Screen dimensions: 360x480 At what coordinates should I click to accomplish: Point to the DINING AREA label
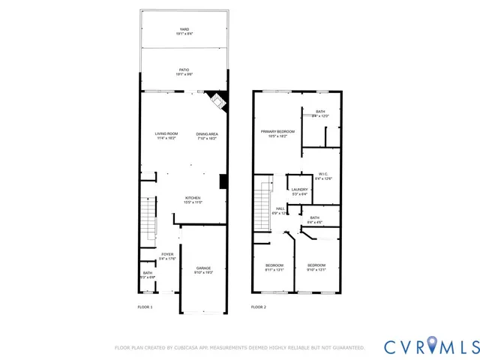point(206,133)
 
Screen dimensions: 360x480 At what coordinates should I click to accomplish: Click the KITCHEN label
point(193,198)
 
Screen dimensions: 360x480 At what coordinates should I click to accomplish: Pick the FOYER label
point(166,254)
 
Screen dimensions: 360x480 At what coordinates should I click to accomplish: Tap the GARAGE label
point(203,268)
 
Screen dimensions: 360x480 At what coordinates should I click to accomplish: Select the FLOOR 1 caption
point(145,307)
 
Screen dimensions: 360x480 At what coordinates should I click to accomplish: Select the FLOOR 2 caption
point(258,307)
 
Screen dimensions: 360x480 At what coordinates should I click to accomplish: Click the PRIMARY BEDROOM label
point(277,131)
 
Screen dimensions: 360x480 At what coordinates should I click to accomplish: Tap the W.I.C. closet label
point(323,174)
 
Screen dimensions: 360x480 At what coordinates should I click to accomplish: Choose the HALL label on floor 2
point(280,209)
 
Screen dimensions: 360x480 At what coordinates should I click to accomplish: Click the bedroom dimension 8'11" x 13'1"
point(274,269)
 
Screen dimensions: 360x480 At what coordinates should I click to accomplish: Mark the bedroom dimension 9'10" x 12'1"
point(316,269)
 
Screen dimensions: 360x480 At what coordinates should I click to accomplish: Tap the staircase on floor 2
point(262,203)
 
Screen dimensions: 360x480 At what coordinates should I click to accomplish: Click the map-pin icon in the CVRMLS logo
point(433,345)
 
